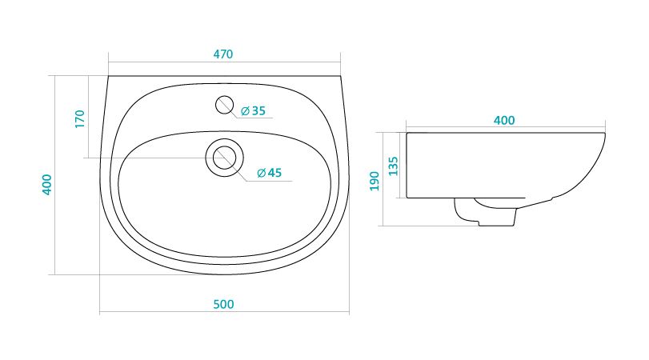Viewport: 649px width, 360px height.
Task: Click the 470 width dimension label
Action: click(223, 54)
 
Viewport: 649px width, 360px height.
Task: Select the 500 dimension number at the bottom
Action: click(223, 304)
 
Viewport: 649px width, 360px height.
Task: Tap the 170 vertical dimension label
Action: click(80, 118)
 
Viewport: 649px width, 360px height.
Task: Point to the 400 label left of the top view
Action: click(47, 185)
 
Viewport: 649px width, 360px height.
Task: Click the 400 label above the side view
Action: click(504, 121)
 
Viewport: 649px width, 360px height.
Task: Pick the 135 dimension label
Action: click(393, 166)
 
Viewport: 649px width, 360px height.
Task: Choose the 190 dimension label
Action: click(375, 182)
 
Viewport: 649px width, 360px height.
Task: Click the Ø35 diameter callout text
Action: click(253, 111)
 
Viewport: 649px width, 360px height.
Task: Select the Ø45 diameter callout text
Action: click(269, 173)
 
